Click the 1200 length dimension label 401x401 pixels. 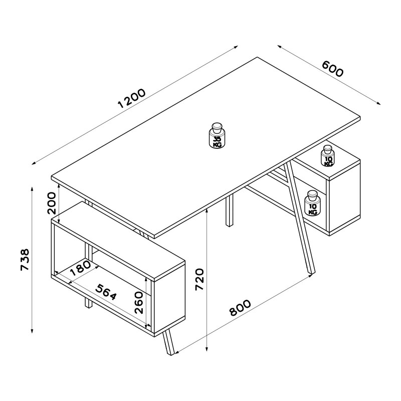pos(132,98)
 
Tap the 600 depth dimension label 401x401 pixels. pos(332,69)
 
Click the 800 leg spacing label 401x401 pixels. pos(240,308)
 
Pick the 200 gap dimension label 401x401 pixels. pos(51,203)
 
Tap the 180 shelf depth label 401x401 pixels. pos(80,268)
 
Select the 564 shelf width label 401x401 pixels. pos(106,292)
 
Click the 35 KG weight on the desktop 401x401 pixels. pos(217,135)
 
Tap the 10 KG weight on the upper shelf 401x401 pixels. pos(328,156)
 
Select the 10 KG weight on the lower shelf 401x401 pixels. pos(311,204)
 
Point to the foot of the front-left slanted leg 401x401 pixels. pos(170,353)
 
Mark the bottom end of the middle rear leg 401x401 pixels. pos(230,225)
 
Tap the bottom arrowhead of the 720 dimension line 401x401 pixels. pos(207,349)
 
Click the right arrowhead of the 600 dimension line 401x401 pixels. pos(378,103)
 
